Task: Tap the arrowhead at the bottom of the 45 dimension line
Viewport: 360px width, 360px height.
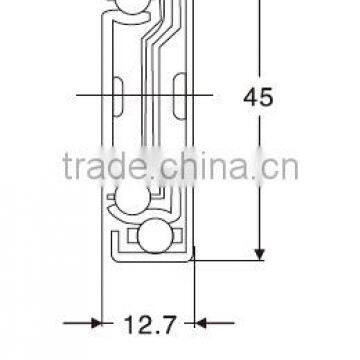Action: coord(260,251)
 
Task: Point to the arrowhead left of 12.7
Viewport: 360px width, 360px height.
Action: coord(95,322)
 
